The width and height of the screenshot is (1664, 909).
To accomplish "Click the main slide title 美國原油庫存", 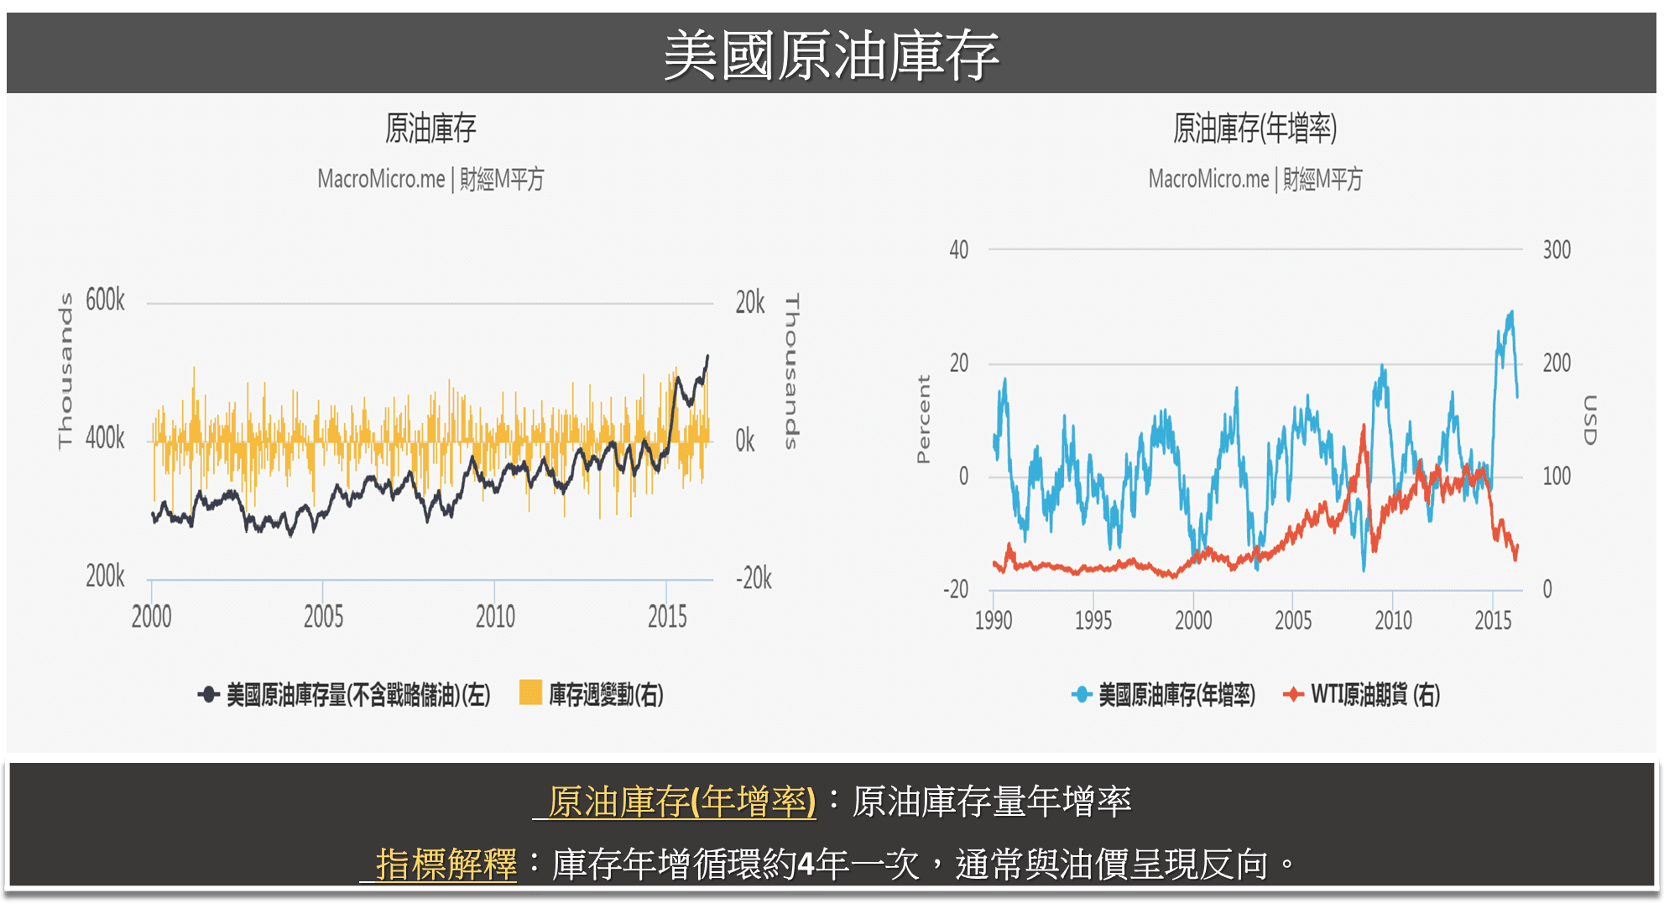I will [x=831, y=55].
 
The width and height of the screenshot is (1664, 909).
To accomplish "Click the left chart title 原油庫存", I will [x=430, y=128].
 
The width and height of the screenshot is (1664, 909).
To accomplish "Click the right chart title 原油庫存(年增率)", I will [x=1255, y=128].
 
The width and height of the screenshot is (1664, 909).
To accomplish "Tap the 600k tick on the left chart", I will [x=105, y=300].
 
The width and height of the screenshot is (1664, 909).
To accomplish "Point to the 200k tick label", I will [x=105, y=577].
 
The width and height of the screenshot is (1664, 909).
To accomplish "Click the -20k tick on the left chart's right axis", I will [x=754, y=578].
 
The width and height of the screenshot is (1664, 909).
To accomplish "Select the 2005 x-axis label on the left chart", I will [x=323, y=617].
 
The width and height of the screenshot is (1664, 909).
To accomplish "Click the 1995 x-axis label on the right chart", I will [x=1093, y=620].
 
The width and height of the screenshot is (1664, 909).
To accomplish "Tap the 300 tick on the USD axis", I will [x=1557, y=249].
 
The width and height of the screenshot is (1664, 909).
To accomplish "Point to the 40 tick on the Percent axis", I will [x=958, y=249].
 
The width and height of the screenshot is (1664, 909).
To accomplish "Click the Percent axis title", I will [x=923, y=419].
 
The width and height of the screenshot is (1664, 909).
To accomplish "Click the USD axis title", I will [x=1589, y=420].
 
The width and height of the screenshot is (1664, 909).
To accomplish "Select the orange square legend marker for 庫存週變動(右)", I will [x=530, y=692].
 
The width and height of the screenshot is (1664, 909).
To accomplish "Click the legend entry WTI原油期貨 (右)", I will [x=1374, y=694].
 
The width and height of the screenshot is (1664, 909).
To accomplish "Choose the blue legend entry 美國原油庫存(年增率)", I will [x=1176, y=694].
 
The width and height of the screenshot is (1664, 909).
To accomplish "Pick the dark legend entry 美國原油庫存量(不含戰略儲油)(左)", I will [x=357, y=694].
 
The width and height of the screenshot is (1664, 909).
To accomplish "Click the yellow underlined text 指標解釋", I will [x=446, y=864].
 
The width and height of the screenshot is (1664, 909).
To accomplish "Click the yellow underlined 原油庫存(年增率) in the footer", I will [x=681, y=801].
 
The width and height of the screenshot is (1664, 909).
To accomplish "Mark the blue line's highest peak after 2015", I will [x=1511, y=312].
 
